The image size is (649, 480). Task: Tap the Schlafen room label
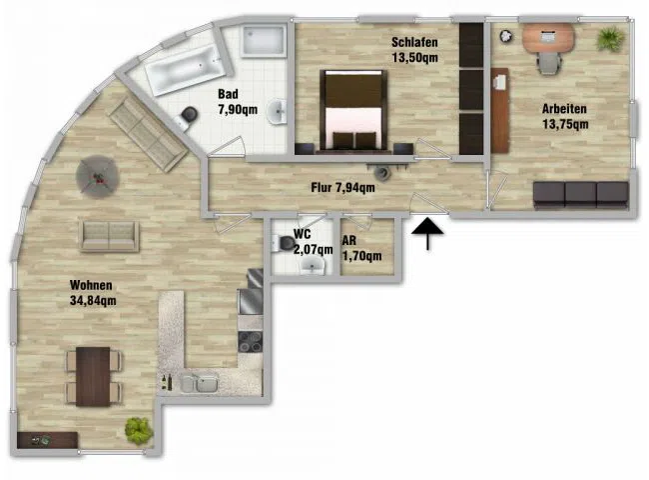tap(414, 42)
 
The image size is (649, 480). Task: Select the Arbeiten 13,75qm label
tap(565, 116)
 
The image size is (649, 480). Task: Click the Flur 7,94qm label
tap(342, 188)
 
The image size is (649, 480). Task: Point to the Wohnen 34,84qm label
tap(93, 293)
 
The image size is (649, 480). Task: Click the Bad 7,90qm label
tap(238, 102)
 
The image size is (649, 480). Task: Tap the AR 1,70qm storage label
tap(361, 248)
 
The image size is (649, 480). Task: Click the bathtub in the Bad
tap(186, 70)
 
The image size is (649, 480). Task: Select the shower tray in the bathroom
tap(264, 40)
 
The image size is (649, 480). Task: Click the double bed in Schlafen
tap(353, 110)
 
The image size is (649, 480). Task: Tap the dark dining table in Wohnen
tap(93, 376)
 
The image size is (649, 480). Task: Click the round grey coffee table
tap(98, 177)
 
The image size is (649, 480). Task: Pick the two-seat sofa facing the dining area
tap(109, 236)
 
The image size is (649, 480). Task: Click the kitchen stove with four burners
tap(250, 342)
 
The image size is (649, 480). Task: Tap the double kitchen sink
tap(200, 383)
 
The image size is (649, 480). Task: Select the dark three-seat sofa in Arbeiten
tap(581, 194)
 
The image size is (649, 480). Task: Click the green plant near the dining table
tap(139, 431)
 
